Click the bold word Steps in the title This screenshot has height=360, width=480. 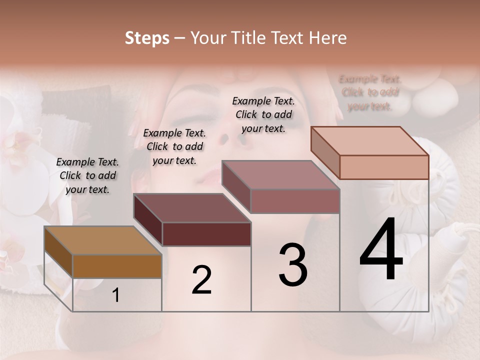147,38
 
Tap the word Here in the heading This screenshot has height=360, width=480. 326,38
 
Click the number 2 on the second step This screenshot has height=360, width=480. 201,279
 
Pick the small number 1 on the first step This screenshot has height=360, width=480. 116,295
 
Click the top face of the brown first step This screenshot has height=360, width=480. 102,240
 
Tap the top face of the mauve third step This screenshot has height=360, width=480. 280,175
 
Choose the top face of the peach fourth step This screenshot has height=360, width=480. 369,141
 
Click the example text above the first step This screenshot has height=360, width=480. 87,175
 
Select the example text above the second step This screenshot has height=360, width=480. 174,146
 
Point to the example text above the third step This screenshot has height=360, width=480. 263,114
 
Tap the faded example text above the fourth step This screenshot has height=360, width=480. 370,92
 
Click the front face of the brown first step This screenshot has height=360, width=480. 117,266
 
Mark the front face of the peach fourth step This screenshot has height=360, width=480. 384,167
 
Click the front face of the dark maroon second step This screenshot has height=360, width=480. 206,234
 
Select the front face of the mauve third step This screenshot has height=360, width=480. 295,201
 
